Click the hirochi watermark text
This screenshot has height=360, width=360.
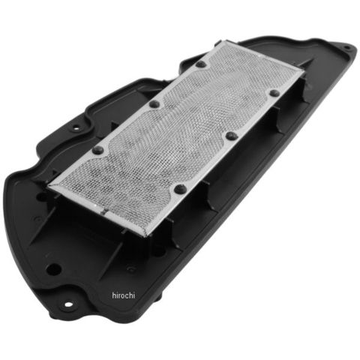pyautogui.click(x=123, y=295)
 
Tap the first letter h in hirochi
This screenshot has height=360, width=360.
pyautogui.click(x=114, y=295)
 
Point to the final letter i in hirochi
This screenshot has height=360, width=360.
pyautogui.click(x=133, y=295)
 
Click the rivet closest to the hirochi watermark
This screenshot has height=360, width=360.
pyautogui.click(x=180, y=189)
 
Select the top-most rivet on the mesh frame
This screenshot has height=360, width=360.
pyautogui.click(x=201, y=64)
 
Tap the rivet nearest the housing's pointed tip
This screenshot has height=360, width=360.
pyautogui.click(x=274, y=93)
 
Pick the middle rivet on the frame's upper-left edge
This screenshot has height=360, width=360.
pyautogui.click(x=154, y=103)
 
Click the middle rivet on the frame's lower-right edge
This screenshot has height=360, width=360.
pyautogui.click(x=232, y=136)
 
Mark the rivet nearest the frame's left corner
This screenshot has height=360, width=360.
pyautogui.click(x=97, y=150)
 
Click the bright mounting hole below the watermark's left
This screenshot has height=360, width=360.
pyautogui.click(x=68, y=304)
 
